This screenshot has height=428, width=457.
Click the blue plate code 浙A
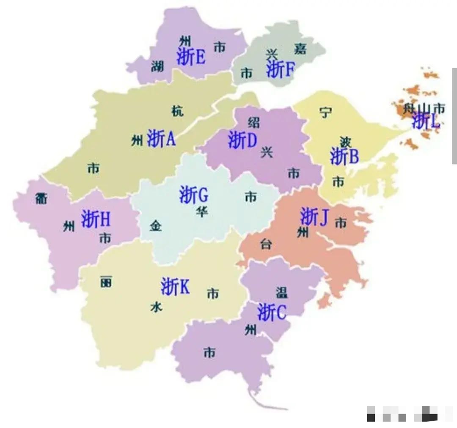click(x=161, y=138)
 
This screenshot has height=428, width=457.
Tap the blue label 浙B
click(x=344, y=156)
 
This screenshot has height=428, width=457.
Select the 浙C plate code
click(x=272, y=312)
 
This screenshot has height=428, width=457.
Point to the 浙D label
click(x=242, y=140)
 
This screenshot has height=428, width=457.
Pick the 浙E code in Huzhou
click(x=191, y=56)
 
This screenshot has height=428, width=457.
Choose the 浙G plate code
click(x=193, y=195)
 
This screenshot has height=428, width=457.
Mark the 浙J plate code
click(x=314, y=217)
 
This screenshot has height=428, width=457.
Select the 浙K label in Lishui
click(x=175, y=287)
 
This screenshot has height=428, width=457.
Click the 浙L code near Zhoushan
click(x=426, y=121)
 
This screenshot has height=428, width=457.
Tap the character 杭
click(x=177, y=111)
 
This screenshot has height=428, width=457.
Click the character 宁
click(x=325, y=112)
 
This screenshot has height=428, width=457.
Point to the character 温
click(x=282, y=292)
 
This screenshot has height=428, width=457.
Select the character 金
click(x=156, y=226)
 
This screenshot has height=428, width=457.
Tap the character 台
click(x=266, y=244)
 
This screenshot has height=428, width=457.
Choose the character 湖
click(x=157, y=66)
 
